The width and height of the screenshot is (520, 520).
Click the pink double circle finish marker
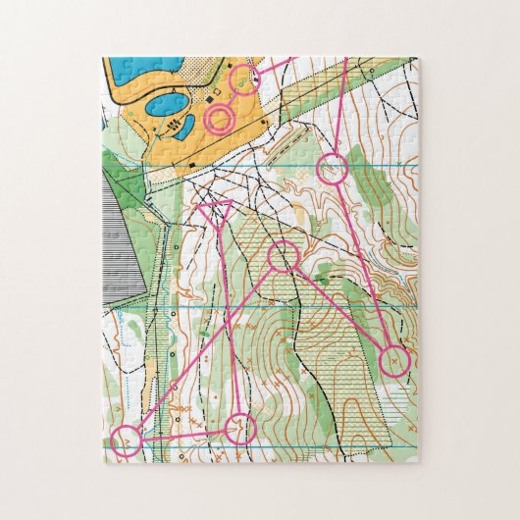pos(219,120)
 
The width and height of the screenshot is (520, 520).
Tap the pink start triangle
pos(214,209)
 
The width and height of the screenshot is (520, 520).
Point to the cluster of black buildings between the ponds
pos(176,128)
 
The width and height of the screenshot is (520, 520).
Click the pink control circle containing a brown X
pos(394,361)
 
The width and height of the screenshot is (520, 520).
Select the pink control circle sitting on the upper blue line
pos(334,167)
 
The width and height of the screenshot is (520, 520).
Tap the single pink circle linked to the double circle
pos(244,78)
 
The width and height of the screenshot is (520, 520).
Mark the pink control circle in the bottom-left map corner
pos(125,441)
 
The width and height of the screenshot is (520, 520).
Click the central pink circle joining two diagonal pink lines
pos(283,257)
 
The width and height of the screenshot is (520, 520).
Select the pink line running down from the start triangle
pos(227,314)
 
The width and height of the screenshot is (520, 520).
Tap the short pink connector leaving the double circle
pos(232,99)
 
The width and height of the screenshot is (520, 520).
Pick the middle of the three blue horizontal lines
pos(294,308)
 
